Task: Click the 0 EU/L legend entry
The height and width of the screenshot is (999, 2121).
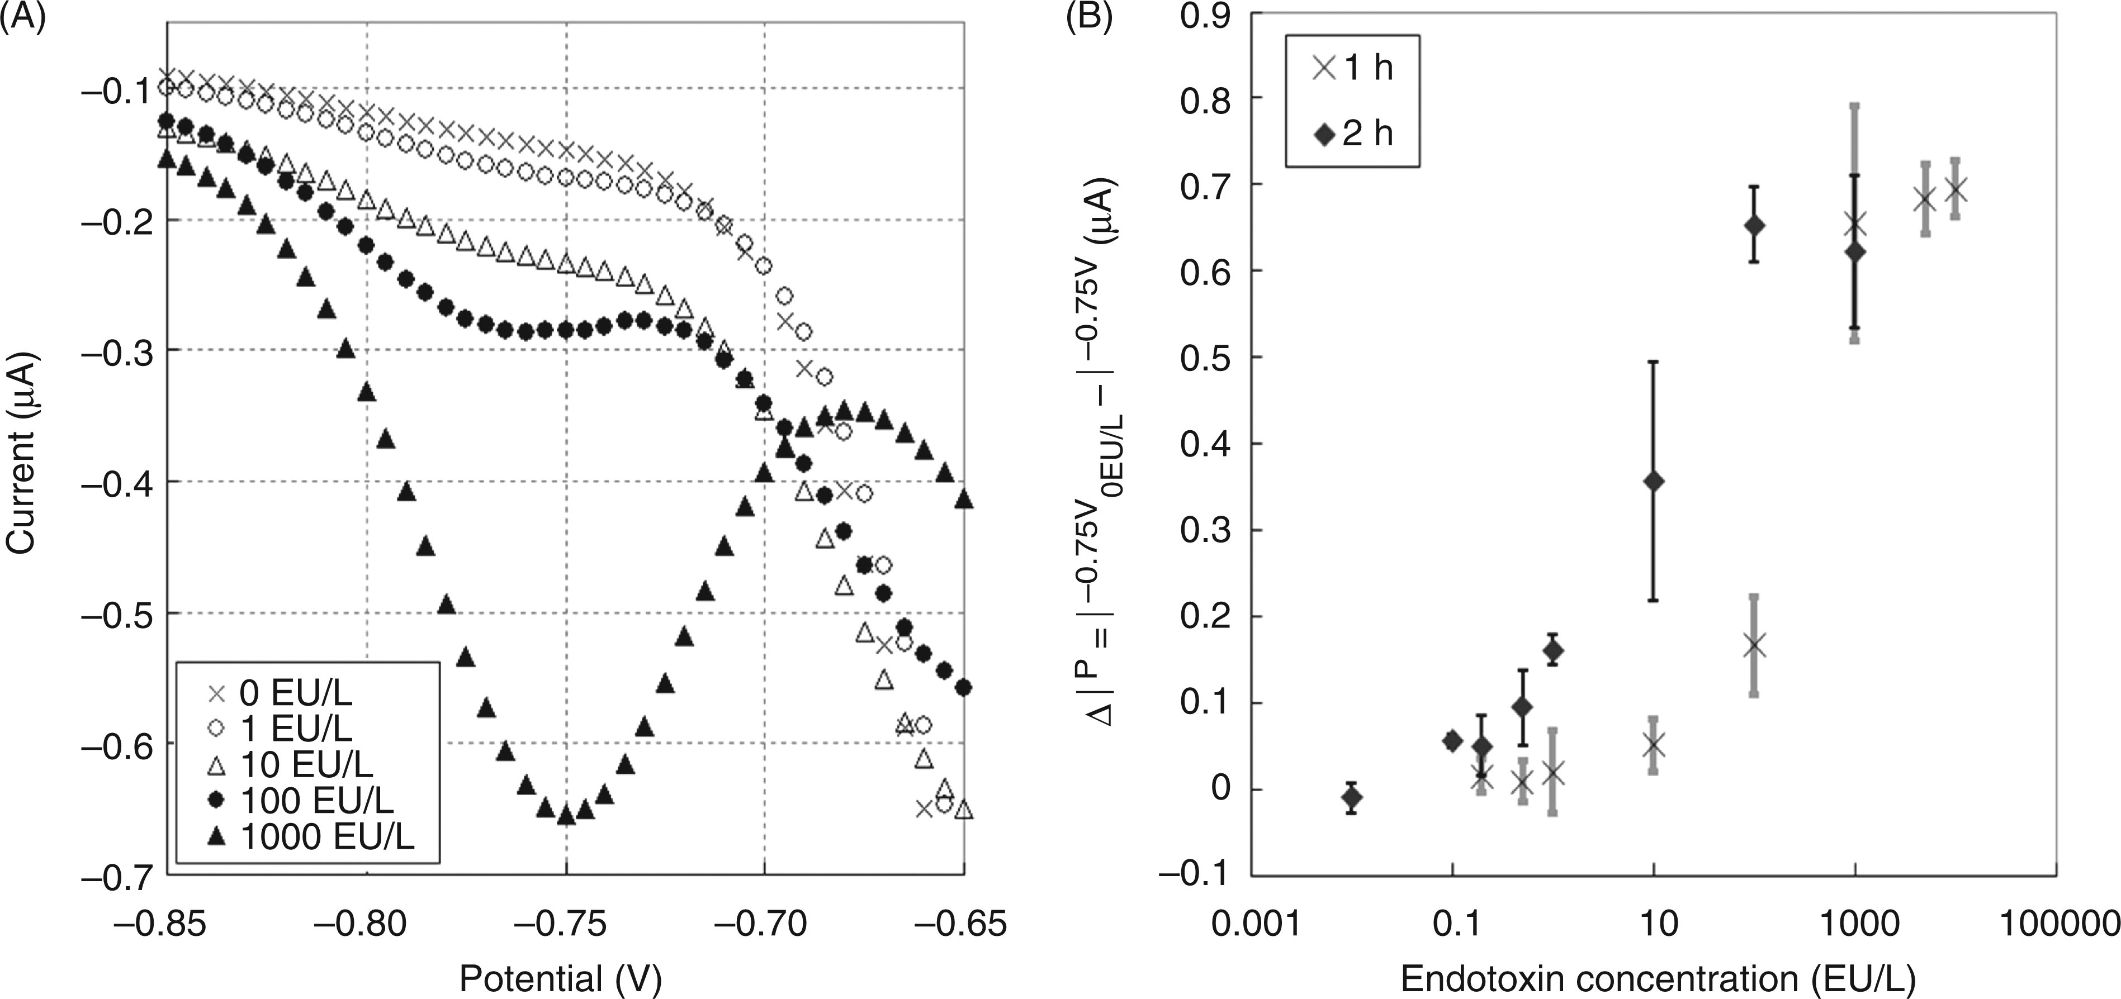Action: coord(281,694)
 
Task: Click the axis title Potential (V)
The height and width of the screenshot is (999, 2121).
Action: coord(561,979)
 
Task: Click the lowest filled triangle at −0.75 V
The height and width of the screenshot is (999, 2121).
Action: coord(566,815)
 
